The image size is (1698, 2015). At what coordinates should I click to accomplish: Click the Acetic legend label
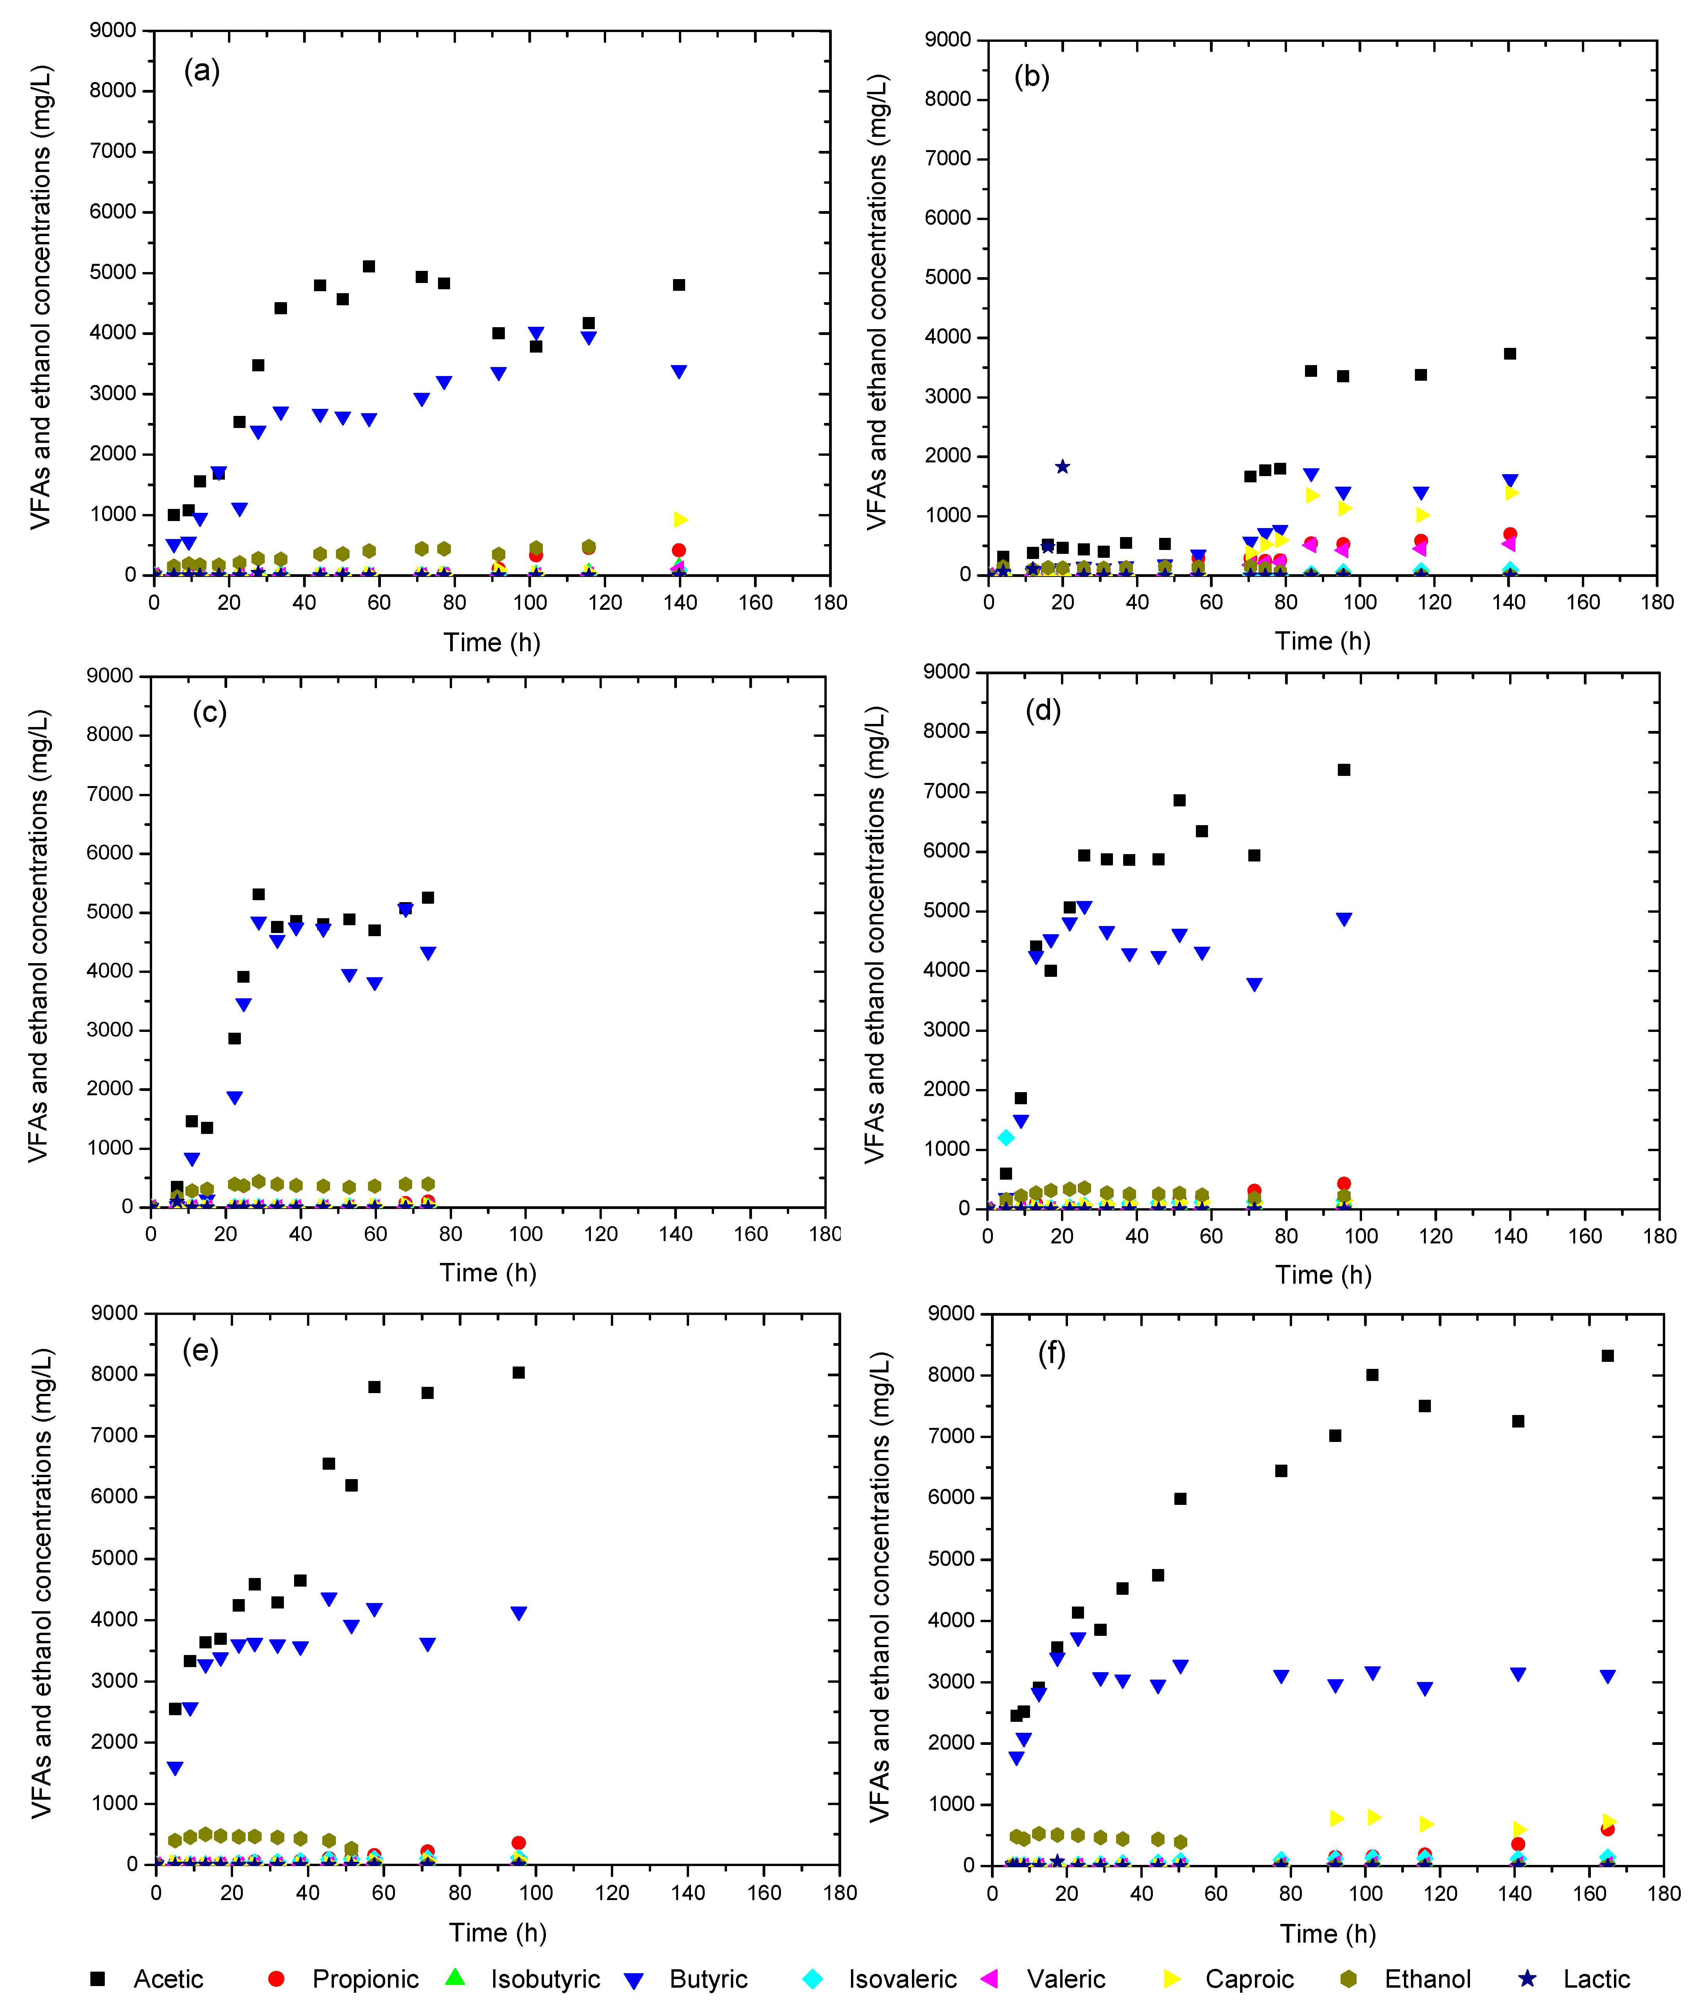tap(169, 1979)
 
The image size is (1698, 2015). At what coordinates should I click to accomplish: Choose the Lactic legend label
tap(1596, 1979)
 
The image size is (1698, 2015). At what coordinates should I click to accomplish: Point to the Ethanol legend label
tap(1427, 1979)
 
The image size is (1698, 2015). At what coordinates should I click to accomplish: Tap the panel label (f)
tap(1051, 1354)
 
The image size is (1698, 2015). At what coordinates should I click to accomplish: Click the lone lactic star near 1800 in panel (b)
tap(1062, 467)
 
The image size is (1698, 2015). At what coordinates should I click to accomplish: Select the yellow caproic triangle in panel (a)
tap(680, 519)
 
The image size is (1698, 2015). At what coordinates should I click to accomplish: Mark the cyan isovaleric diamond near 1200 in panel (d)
tap(1006, 1137)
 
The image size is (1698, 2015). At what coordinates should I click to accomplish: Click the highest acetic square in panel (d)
tap(1344, 770)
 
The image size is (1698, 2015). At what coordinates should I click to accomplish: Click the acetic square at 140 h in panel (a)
tap(678, 285)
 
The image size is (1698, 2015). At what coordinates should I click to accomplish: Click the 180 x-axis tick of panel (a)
tap(830, 602)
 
